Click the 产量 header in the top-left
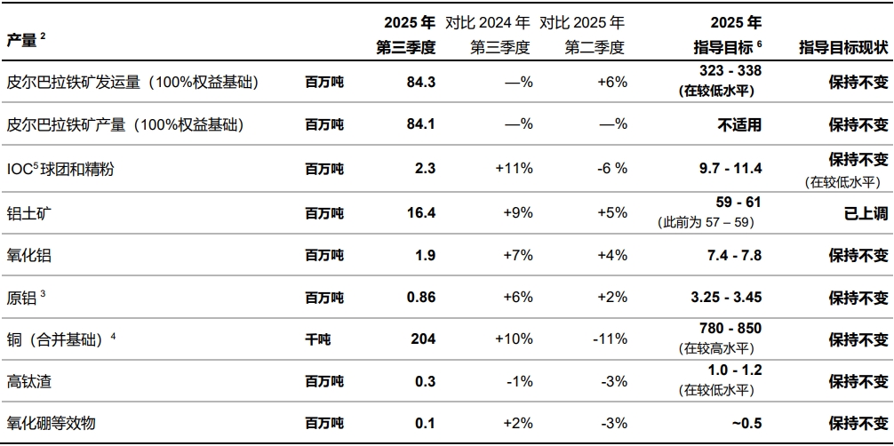(x=22, y=40)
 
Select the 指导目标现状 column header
(x=842, y=48)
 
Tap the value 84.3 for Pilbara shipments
(x=420, y=82)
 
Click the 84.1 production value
(x=420, y=124)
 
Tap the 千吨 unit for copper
(x=318, y=339)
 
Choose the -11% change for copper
(x=610, y=339)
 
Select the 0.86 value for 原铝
(x=420, y=298)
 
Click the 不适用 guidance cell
(x=739, y=124)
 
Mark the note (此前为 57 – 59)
(x=709, y=220)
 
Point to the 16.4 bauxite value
(x=420, y=212)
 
